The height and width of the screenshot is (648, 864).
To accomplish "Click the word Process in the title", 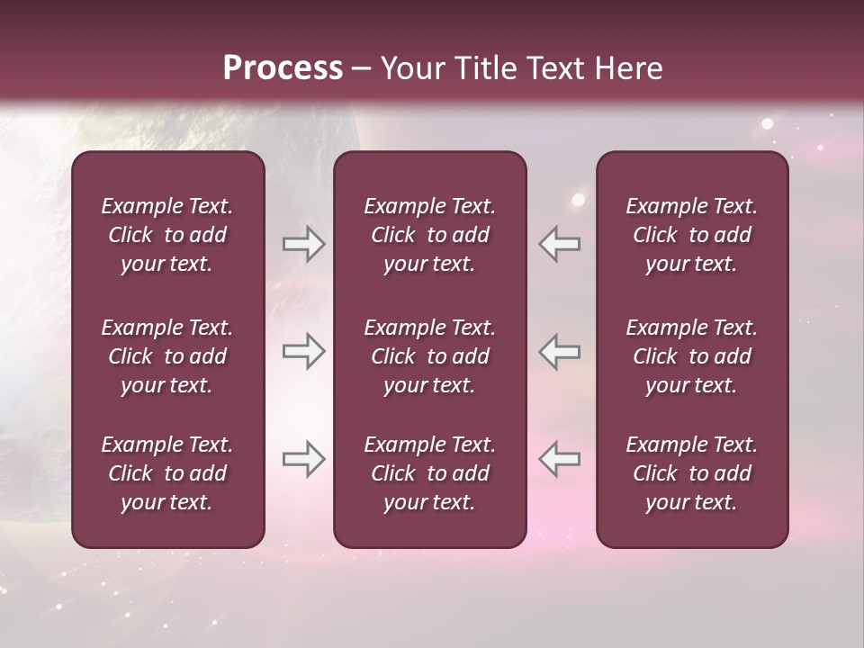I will coord(283,68).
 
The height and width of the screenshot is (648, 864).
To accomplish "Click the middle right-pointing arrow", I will coord(303,351).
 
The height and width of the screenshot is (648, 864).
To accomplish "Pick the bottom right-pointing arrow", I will coord(303,459).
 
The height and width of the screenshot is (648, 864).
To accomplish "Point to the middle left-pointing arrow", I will coord(559,351).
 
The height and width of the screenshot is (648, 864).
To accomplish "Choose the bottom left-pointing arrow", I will coord(559,459).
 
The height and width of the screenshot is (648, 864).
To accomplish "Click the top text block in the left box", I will coord(167,235).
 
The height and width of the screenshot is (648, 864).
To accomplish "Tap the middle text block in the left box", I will coord(167,356).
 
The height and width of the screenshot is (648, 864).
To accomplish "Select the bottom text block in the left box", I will coord(167,473).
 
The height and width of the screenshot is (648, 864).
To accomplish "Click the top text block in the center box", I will coord(430,235).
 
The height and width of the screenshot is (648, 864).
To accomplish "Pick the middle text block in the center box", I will coord(430,356).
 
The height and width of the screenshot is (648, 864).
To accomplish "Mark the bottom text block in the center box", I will coord(430,473).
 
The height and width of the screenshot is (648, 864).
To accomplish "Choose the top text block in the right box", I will coord(692,235).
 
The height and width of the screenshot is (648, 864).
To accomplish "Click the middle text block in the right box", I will coord(692,356).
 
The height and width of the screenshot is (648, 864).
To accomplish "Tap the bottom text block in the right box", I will coord(692,473).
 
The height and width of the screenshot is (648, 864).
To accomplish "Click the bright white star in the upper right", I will coord(768,124).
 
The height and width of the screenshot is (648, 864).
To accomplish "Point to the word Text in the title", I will coord(553,68).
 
